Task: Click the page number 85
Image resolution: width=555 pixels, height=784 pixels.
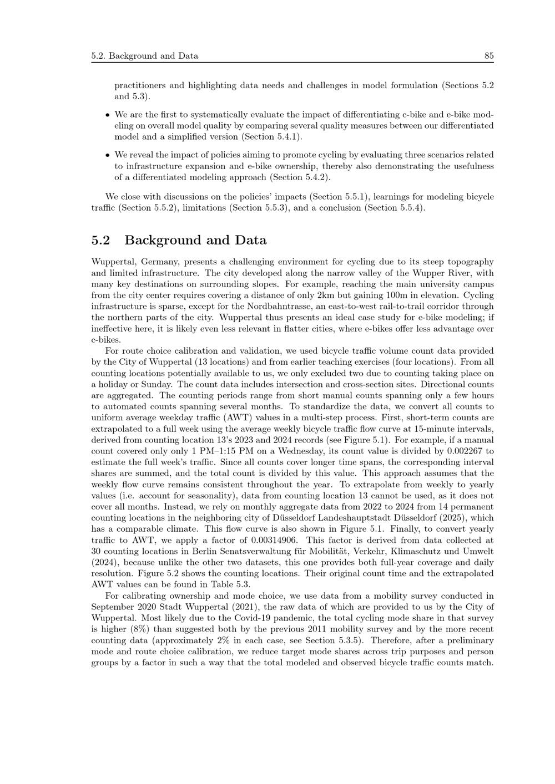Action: click(488, 55)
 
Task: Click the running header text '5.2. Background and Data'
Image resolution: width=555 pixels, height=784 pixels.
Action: click(145, 55)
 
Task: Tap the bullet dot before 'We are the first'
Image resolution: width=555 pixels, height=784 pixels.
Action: click(107, 115)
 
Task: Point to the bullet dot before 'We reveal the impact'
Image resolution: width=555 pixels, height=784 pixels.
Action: click(107, 155)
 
